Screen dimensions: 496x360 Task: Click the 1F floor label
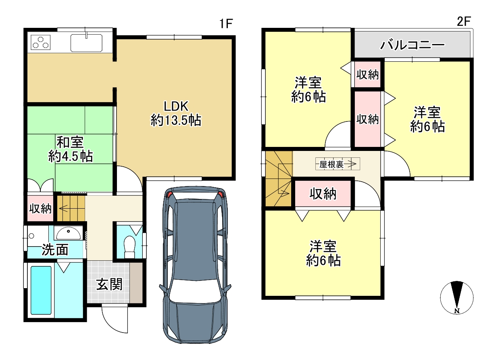[x=226, y=23]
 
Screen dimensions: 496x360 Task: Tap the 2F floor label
[x=464, y=21]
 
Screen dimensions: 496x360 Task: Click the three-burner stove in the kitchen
[x=40, y=42]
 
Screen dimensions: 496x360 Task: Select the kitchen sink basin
[x=86, y=43]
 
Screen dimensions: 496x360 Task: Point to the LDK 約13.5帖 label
[x=176, y=113]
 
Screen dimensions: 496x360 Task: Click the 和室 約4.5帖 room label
[x=71, y=149]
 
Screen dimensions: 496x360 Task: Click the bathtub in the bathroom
[x=41, y=290]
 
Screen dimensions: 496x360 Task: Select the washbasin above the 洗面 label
[x=69, y=233]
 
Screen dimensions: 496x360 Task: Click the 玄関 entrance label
[x=109, y=284]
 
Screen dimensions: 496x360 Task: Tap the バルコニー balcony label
[x=412, y=45]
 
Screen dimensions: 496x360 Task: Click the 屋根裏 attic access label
[x=331, y=164]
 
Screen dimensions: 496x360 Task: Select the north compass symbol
[x=457, y=298]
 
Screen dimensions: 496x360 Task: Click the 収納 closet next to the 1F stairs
[x=40, y=208]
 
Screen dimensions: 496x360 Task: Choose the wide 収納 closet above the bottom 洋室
[x=323, y=194]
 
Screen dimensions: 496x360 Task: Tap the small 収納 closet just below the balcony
[x=368, y=75]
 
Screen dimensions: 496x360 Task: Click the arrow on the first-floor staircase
[x=63, y=208]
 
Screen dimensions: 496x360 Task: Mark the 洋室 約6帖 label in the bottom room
[x=323, y=253]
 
